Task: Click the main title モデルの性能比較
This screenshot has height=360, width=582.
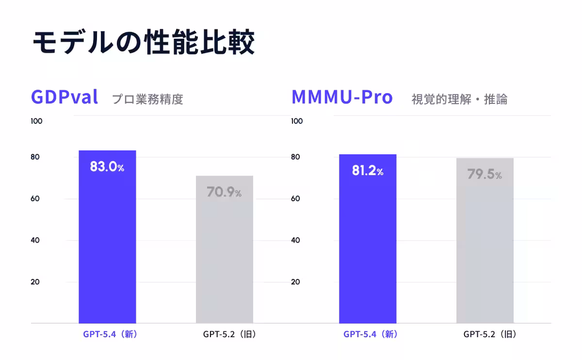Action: [x=144, y=43]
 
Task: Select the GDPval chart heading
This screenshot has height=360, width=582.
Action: [x=65, y=97]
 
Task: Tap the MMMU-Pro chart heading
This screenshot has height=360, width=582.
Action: [x=341, y=97]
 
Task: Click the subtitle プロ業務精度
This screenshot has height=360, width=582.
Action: [x=147, y=99]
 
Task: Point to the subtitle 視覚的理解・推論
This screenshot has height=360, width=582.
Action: [x=459, y=99]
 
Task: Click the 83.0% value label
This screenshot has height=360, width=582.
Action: [x=107, y=167]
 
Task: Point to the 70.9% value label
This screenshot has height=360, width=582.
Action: [x=224, y=192]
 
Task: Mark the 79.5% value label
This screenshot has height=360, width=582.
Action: [x=485, y=174]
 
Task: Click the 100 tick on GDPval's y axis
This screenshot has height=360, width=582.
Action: [x=36, y=121]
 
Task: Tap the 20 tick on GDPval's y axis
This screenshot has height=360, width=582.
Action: [x=35, y=282]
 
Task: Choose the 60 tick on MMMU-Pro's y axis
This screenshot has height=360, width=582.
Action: [x=295, y=198]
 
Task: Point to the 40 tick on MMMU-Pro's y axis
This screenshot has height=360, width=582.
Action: [x=295, y=240]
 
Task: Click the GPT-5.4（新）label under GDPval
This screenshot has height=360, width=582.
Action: [x=107, y=334]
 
